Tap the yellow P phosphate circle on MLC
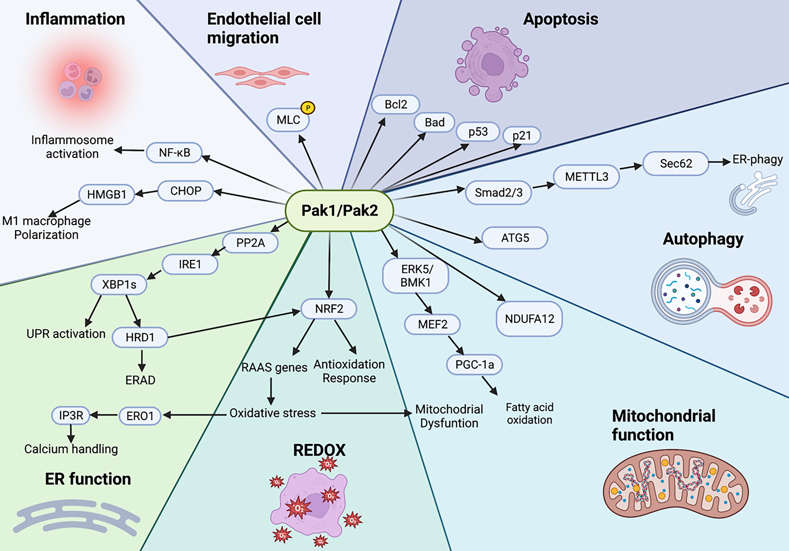click(308, 108)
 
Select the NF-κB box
click(174, 153)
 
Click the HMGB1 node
click(107, 195)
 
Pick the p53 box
click(478, 132)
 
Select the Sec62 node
click(676, 163)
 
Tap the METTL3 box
click(587, 177)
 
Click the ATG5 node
click(515, 238)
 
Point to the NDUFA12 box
click(529, 319)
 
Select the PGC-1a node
click(474, 364)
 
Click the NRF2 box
click(329, 309)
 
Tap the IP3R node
click(71, 416)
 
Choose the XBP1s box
click(119, 284)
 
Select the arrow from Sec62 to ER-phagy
click(719, 162)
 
